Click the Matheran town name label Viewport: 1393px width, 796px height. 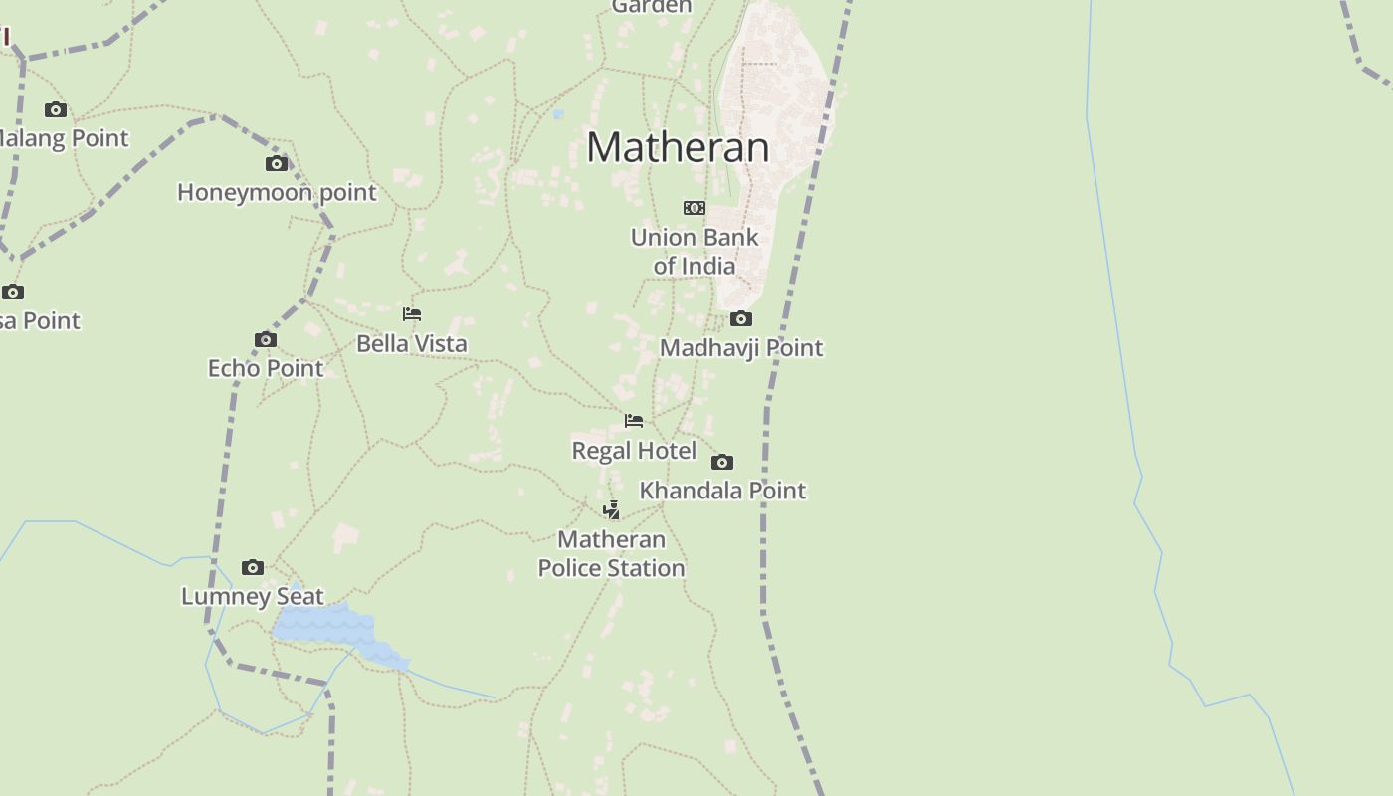678,147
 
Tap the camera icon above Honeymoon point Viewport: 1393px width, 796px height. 277,163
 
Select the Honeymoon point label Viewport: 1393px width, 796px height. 277,192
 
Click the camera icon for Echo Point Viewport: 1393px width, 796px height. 265,339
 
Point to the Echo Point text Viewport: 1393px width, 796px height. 266,368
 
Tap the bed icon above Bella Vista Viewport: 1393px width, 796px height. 412,314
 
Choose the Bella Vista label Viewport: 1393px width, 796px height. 412,343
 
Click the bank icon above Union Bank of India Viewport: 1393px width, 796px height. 695,208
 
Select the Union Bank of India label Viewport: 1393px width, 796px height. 695,252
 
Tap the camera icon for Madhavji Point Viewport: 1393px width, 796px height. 741,318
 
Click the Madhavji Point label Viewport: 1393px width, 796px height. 741,348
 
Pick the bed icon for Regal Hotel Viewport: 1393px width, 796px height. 634,421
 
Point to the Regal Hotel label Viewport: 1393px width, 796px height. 634,451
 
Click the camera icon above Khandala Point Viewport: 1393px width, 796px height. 722,462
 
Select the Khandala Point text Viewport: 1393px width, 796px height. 722,491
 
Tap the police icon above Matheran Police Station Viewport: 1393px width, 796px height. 612,510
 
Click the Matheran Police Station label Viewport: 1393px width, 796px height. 612,554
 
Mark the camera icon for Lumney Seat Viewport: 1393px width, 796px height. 253,567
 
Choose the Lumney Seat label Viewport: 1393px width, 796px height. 253,597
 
